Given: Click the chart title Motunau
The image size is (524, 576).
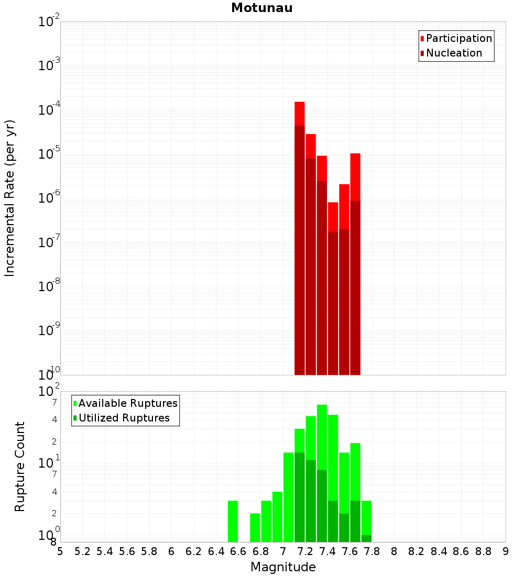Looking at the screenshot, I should click(261, 8).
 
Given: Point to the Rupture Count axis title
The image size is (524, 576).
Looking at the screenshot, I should click(20, 466).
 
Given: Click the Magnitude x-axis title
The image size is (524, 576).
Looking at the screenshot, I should click(283, 567).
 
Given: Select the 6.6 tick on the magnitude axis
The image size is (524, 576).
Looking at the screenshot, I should click(238, 551).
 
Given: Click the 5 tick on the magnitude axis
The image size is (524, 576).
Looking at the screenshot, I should click(60, 551).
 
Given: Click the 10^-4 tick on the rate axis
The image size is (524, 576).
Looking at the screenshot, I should click(49, 110).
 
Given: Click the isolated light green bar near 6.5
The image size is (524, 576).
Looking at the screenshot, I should click(233, 521).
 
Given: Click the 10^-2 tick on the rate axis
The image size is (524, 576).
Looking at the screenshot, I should click(49, 22).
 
